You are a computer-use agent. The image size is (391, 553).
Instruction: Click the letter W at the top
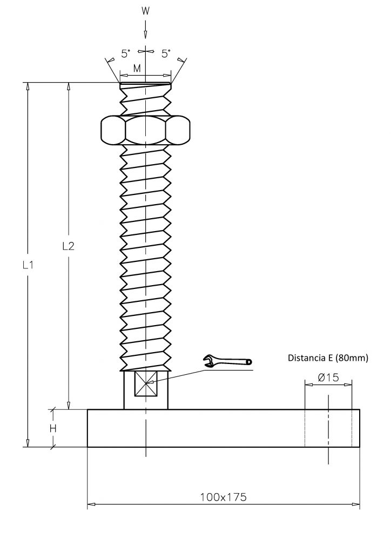coord(146,11)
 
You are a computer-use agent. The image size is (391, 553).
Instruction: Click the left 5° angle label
coord(125,54)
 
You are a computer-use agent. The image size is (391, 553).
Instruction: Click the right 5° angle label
coord(166,53)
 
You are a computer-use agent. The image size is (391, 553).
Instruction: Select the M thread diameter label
coord(137,69)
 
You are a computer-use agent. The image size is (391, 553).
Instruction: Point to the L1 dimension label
coord(28,265)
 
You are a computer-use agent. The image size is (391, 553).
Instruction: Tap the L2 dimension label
coord(69,246)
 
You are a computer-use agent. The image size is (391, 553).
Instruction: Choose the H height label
coord(53,428)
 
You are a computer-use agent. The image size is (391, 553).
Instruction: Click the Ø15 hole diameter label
coord(328,377)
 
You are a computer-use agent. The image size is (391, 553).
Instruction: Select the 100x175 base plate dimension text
coord(224,497)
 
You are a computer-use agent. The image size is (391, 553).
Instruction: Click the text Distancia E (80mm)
coord(328,358)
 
